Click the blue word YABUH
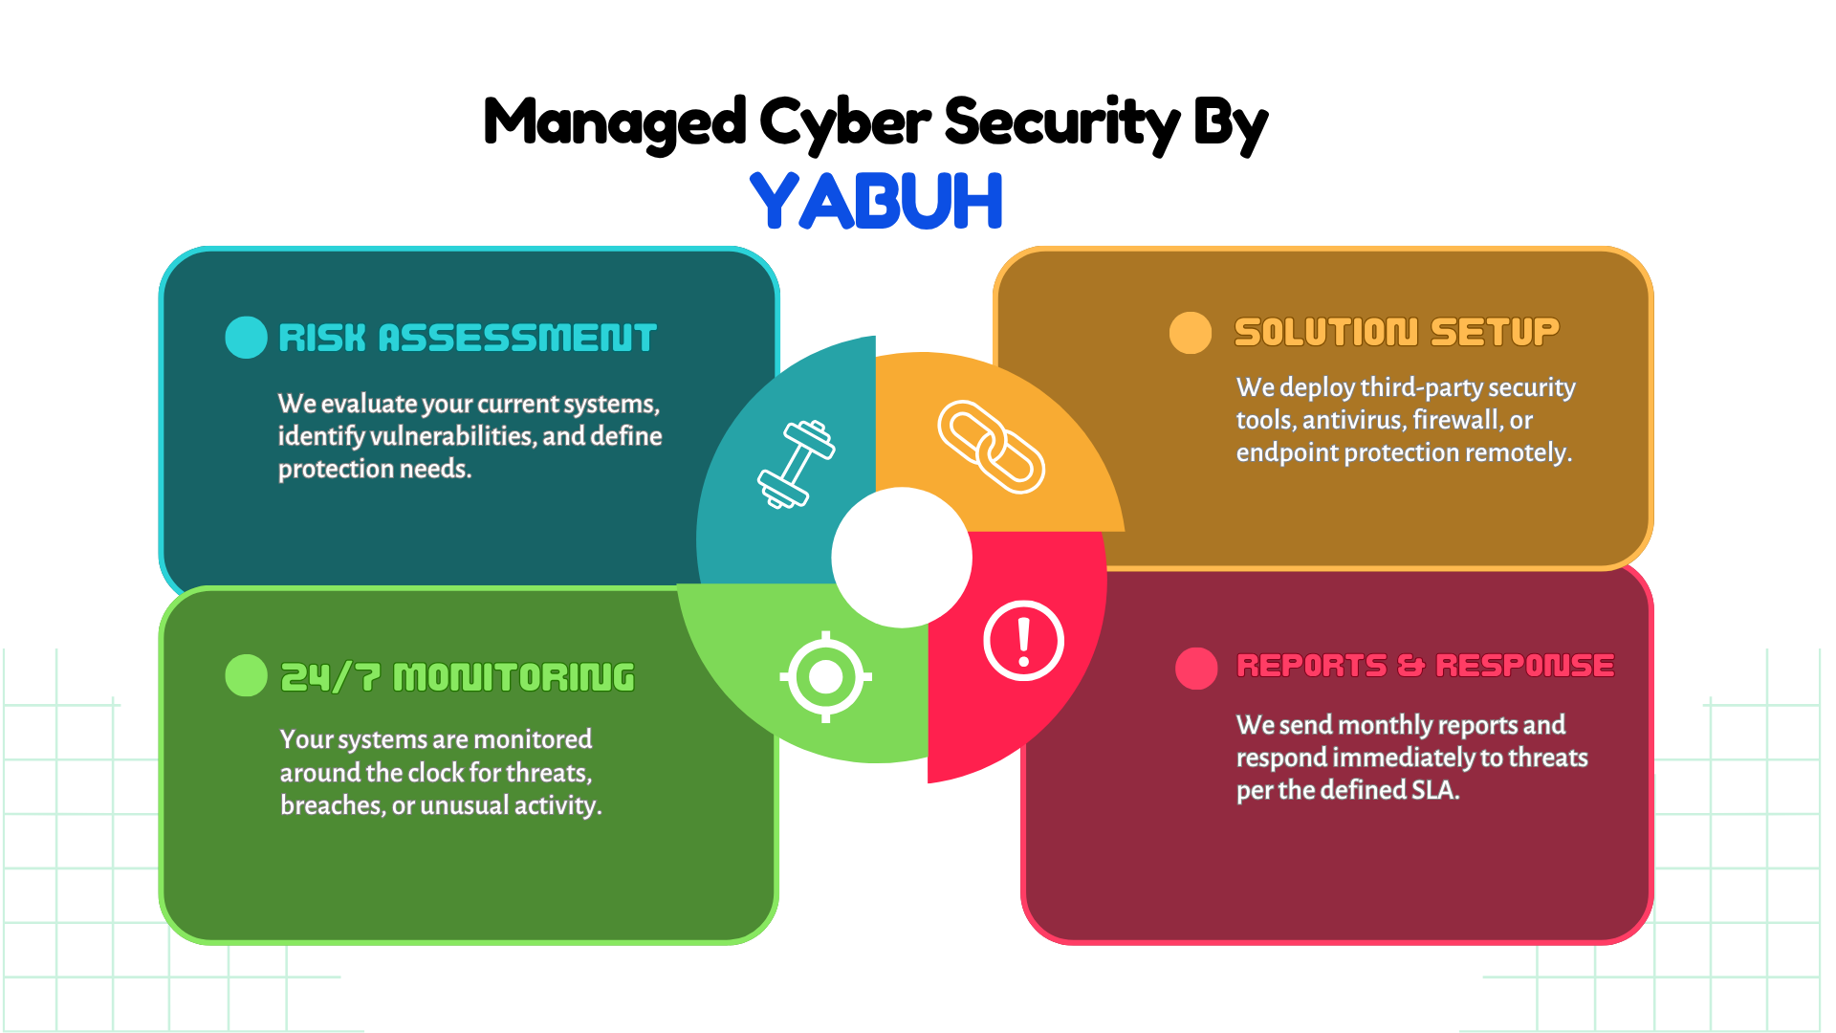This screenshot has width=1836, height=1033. (x=876, y=201)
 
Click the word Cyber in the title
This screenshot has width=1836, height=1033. (x=844, y=123)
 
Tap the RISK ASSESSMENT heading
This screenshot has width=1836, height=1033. (x=468, y=338)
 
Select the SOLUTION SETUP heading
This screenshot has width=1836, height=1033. (x=1396, y=332)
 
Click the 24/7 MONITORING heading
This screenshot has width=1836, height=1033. (x=457, y=677)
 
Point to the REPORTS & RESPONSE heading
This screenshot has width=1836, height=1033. (x=1425, y=665)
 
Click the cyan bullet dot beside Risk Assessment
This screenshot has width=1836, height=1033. (x=246, y=338)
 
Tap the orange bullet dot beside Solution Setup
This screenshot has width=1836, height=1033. (x=1191, y=333)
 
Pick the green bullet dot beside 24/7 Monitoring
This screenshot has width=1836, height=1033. (x=246, y=675)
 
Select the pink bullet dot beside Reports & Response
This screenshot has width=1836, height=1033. (x=1196, y=669)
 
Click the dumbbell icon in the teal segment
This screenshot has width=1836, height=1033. (x=797, y=464)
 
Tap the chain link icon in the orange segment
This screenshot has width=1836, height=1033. (x=991, y=447)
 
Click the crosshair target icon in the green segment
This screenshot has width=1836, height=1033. (x=826, y=677)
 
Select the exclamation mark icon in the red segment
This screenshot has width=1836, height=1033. (x=1024, y=641)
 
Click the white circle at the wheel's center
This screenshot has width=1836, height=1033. (x=902, y=558)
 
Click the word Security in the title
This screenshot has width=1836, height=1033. (x=1062, y=123)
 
